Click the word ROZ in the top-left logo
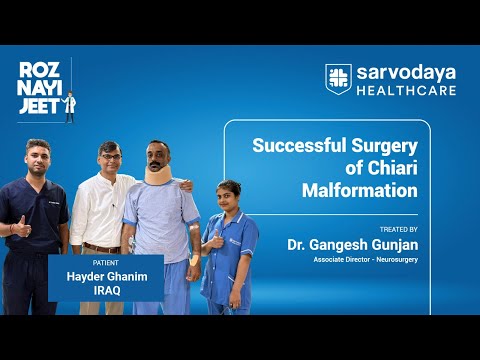(x=37, y=70)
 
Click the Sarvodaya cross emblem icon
(x=339, y=78)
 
